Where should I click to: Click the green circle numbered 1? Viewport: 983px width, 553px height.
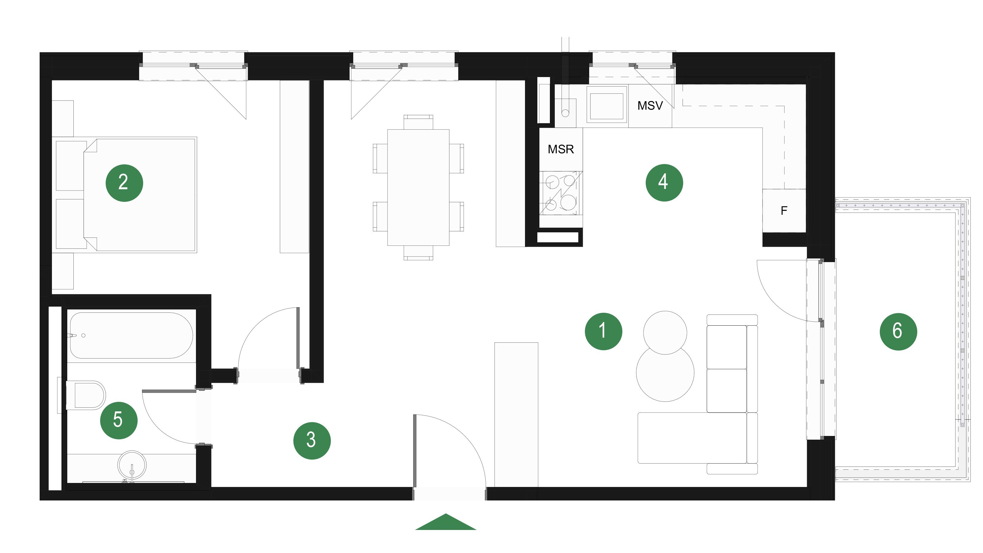(x=603, y=331)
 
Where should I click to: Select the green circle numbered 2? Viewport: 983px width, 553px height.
(x=124, y=183)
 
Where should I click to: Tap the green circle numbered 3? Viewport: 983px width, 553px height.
(x=312, y=441)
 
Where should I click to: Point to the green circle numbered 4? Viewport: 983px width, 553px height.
(x=664, y=182)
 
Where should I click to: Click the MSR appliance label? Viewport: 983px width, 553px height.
(x=561, y=149)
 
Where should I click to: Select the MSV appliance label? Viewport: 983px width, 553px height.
(x=650, y=106)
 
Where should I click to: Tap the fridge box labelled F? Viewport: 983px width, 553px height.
(x=784, y=211)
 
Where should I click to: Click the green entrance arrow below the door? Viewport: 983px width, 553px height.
(x=446, y=522)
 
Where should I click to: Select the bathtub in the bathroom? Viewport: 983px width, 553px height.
(x=131, y=335)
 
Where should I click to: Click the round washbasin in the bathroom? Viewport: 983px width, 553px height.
(x=132, y=466)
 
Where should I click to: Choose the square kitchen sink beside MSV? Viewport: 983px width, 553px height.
(x=607, y=104)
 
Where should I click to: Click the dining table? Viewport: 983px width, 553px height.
(x=418, y=187)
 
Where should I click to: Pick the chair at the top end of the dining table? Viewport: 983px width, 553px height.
(x=418, y=122)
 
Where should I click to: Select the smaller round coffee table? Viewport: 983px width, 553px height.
(x=665, y=332)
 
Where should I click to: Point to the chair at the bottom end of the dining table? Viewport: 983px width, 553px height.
(x=418, y=253)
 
